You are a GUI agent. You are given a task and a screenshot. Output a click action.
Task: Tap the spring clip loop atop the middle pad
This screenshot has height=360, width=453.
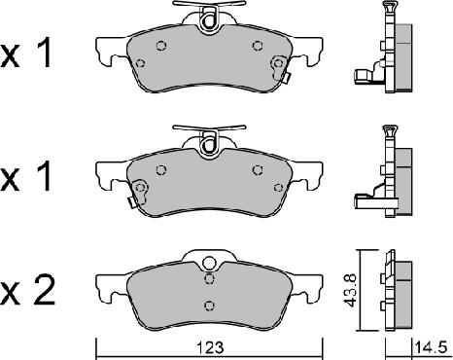206,142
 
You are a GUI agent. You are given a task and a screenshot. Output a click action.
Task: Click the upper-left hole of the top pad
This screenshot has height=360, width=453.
159,47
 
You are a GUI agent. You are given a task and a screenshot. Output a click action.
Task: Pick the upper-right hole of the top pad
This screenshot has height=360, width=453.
257,46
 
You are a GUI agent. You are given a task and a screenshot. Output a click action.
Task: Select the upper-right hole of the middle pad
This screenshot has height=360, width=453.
257,168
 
